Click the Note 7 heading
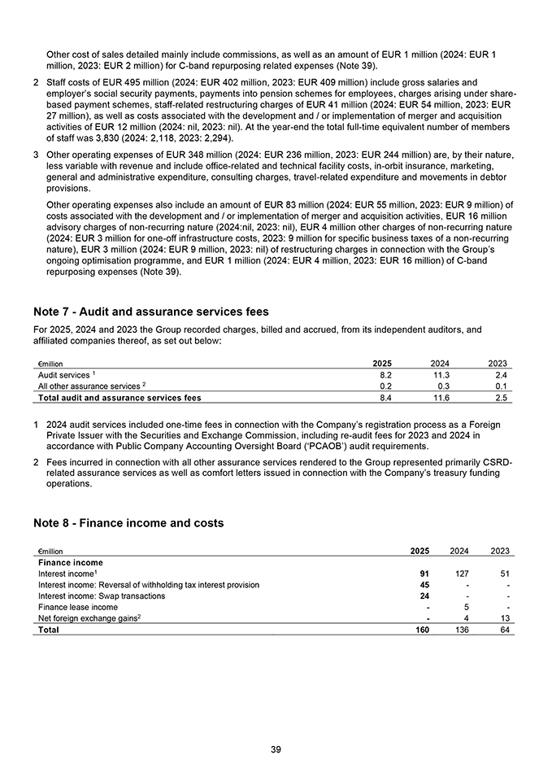point(151,312)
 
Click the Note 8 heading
point(128,522)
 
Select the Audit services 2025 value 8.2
point(386,375)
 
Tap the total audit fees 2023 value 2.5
point(501,398)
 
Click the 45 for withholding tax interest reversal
point(424,584)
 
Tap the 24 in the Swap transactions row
point(424,596)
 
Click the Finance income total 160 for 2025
point(420,630)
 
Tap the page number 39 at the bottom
point(276,749)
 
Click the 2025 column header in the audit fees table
point(382,363)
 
